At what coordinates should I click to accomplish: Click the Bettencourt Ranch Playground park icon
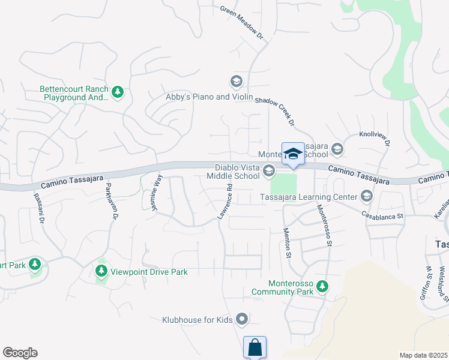(118, 92)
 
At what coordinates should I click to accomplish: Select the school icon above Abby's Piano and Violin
(236, 81)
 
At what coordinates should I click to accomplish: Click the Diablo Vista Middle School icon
(269, 172)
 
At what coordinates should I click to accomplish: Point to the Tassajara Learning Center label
(308, 196)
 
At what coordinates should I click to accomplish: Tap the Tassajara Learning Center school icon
(366, 196)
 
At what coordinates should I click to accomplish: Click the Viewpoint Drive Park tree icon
(101, 272)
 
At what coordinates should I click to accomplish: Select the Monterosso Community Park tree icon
(323, 287)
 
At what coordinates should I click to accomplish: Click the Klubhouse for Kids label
(197, 320)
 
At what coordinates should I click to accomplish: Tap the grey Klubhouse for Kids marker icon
(243, 319)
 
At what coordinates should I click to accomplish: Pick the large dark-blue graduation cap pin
(293, 154)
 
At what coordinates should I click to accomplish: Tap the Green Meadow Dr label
(243, 22)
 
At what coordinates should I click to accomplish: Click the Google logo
(20, 353)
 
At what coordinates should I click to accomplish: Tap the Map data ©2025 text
(423, 355)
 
